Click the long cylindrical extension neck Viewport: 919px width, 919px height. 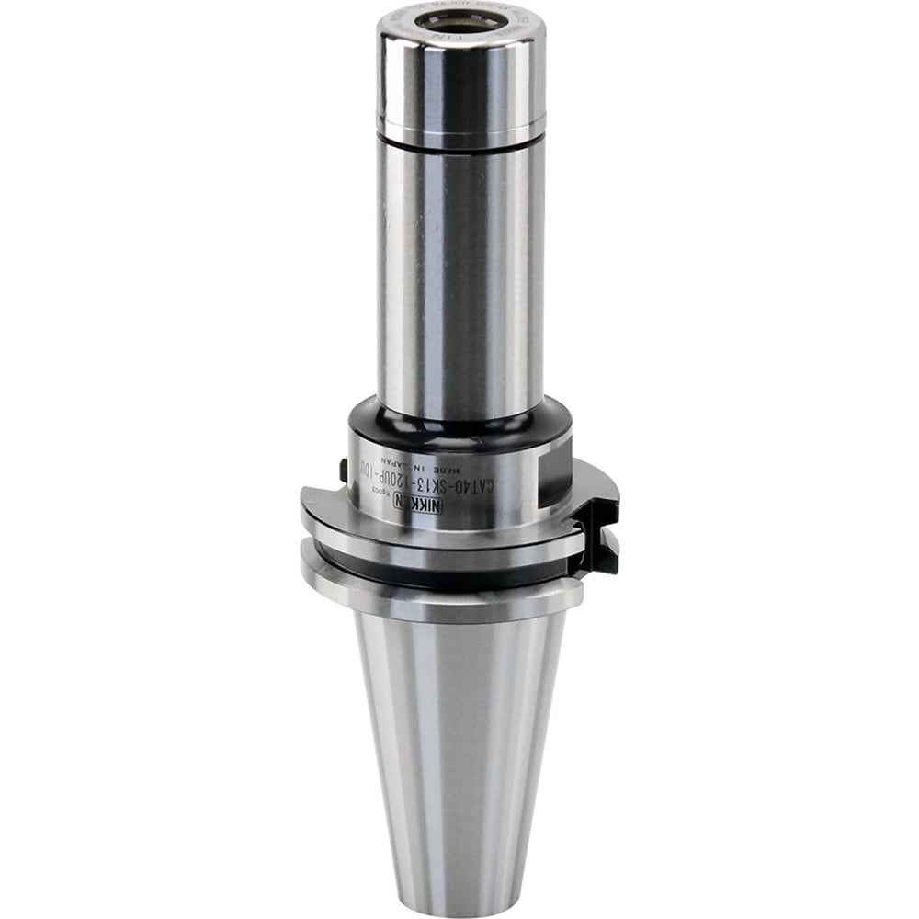(x=457, y=276)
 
